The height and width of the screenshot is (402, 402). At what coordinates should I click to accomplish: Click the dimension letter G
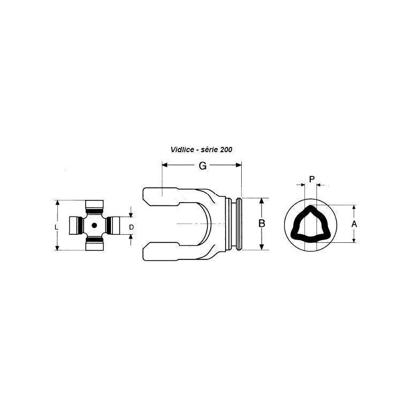click(x=203, y=166)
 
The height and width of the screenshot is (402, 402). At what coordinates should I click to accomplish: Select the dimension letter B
click(x=262, y=224)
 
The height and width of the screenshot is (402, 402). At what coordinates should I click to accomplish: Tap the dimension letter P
click(x=312, y=179)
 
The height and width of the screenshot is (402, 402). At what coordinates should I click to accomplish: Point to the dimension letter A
click(x=354, y=224)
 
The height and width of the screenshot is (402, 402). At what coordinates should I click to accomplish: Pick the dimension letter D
click(x=131, y=227)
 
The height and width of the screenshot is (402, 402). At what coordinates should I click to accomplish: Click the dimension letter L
click(x=57, y=227)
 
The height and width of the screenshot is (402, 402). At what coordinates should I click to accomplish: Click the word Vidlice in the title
click(x=182, y=150)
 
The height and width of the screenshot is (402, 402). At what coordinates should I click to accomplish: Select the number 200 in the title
click(x=226, y=150)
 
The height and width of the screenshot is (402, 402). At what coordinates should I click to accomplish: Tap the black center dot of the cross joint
click(x=94, y=225)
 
